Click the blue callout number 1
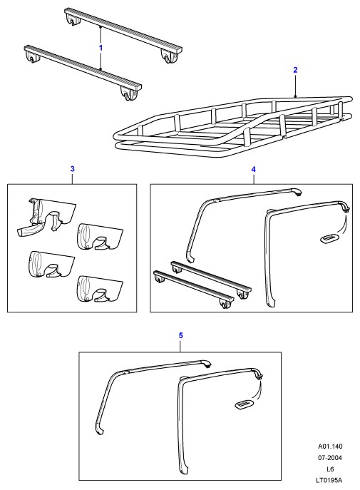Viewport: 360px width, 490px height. [x=101, y=48]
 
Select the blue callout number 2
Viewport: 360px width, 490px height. [x=295, y=70]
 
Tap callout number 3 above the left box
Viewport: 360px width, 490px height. [x=73, y=169]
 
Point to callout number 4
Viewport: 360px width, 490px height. [x=253, y=169]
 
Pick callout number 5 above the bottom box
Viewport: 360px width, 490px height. [x=180, y=336]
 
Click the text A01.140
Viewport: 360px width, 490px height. [x=330, y=446]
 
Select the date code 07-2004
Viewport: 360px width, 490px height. [x=330, y=458]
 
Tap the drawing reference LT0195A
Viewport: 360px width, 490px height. [x=329, y=480]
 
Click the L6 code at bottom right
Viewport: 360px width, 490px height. [x=330, y=469]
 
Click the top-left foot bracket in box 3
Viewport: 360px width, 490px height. [x=46, y=218]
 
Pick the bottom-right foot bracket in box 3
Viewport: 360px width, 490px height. [x=100, y=290]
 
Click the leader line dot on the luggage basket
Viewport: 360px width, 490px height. [x=295, y=96]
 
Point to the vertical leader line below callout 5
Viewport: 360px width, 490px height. [x=180, y=346]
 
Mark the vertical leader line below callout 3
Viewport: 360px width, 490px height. [x=73, y=179]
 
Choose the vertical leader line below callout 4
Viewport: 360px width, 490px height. [x=253, y=179]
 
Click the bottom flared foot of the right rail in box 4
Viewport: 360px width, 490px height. [x=270, y=301]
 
